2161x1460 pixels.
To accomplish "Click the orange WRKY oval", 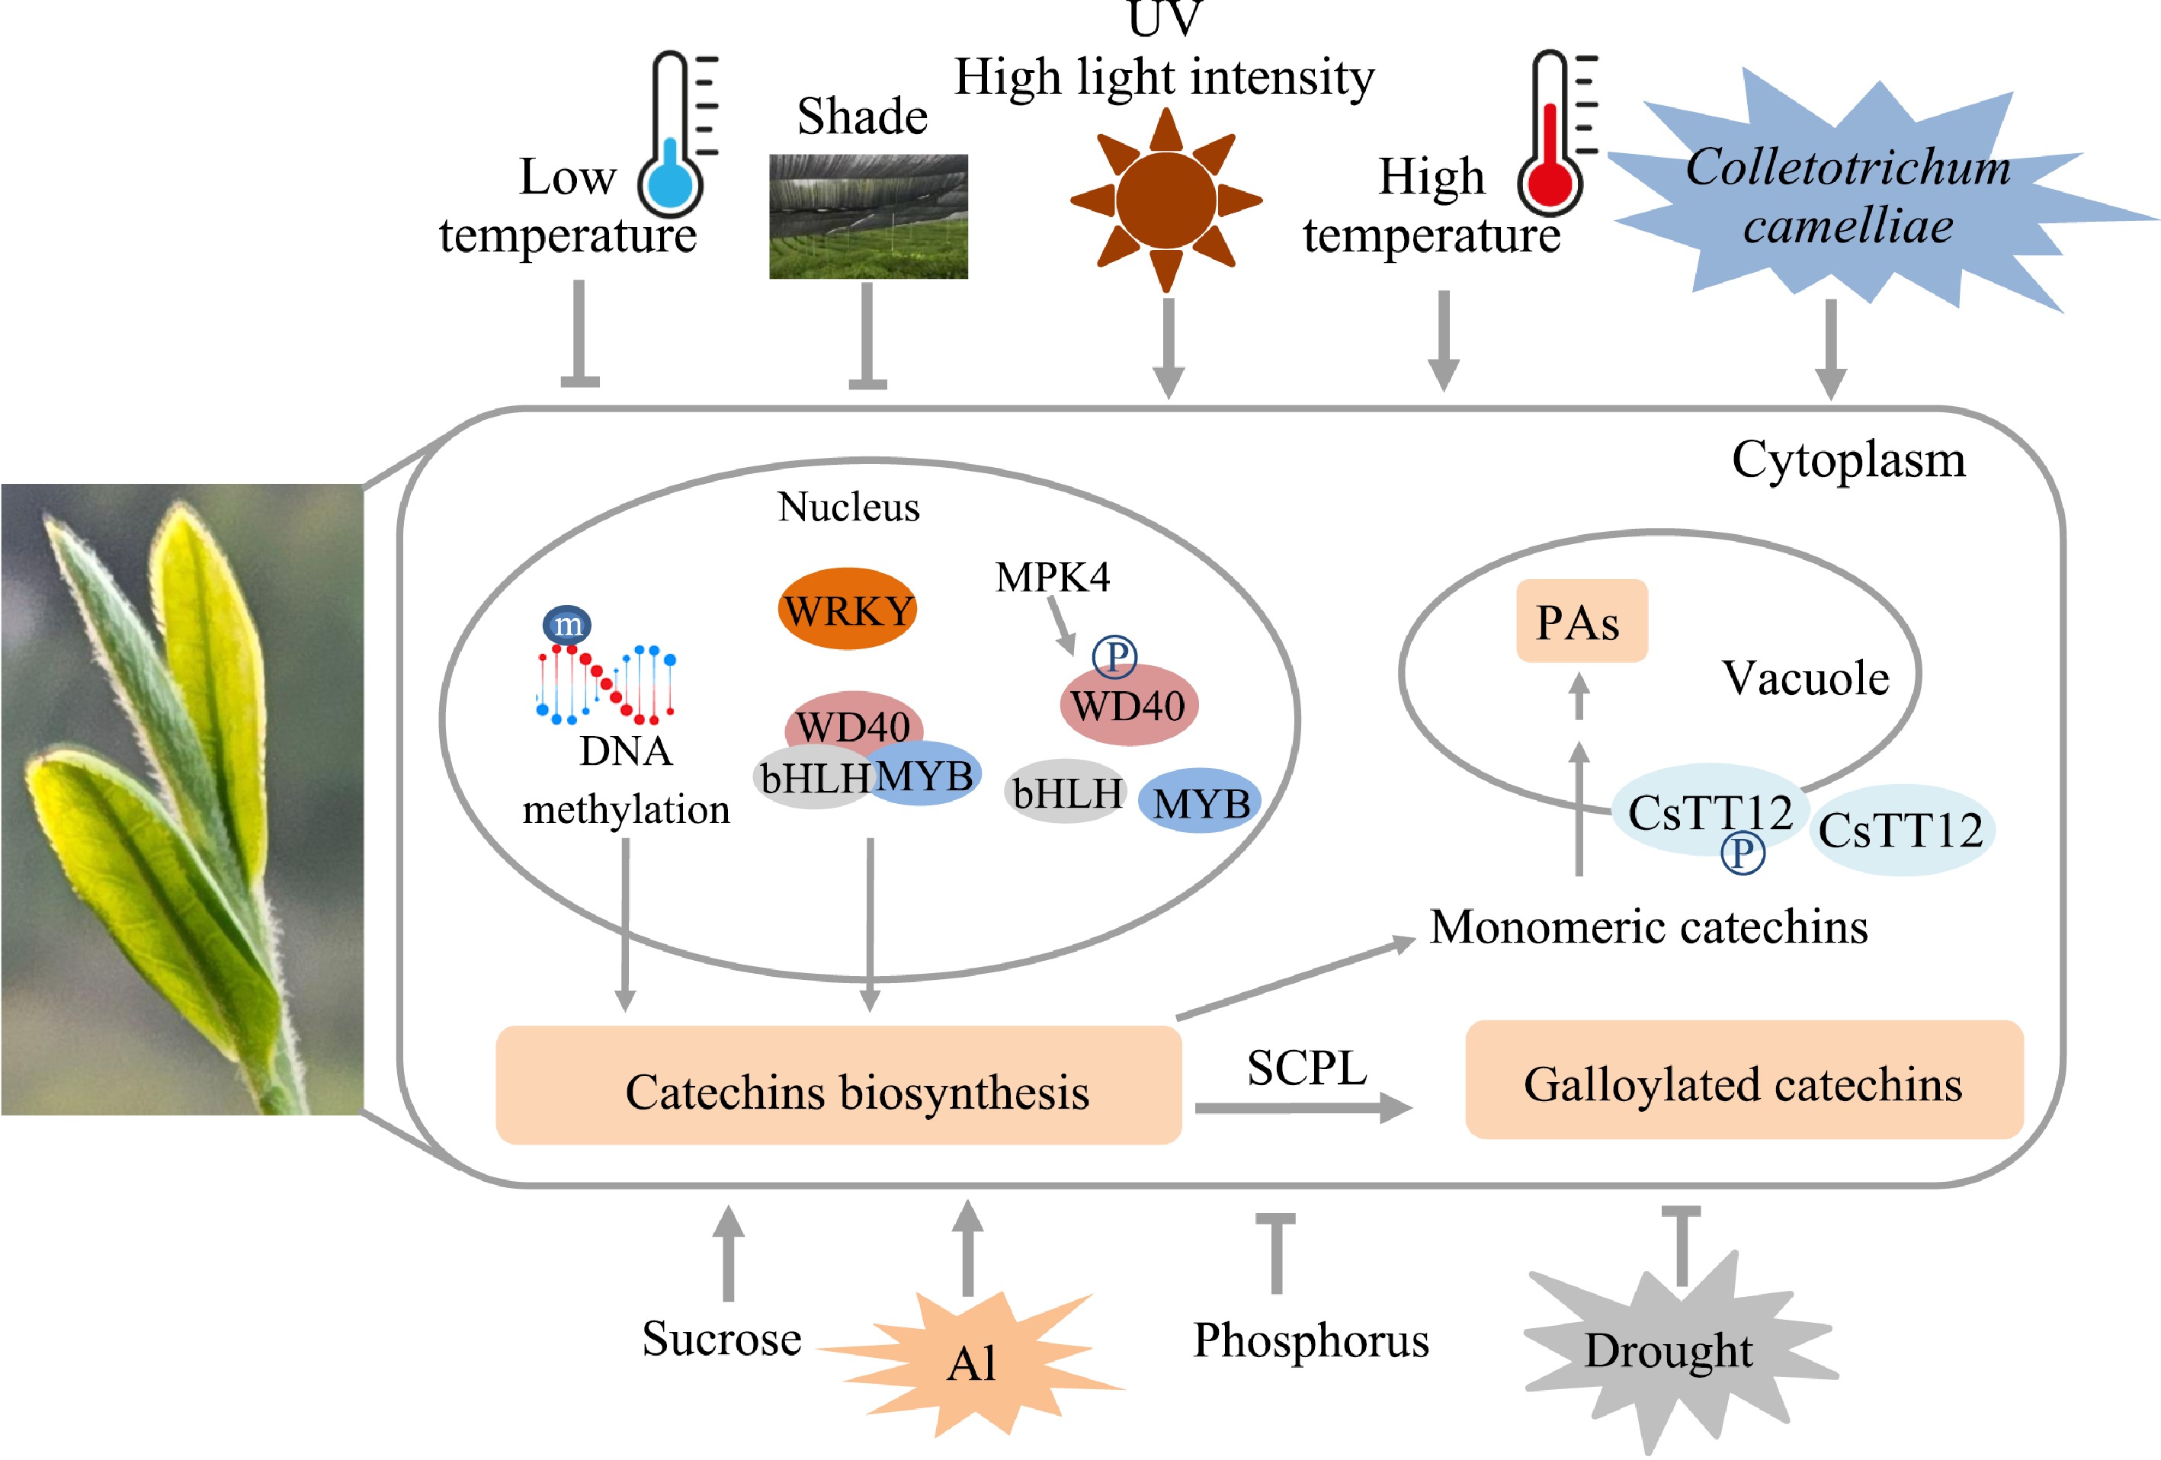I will coord(847,610).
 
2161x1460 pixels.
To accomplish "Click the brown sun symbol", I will coord(1166,200).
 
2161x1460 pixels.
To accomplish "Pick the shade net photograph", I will coord(867,216).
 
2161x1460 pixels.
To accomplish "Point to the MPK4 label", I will coord(1052,577).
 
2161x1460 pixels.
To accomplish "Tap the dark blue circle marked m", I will coord(566,625).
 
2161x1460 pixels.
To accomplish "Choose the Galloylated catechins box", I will coord(1743,1082).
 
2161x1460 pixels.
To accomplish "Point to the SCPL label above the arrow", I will coord(1307,1068).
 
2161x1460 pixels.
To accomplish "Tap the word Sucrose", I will coord(722,1339).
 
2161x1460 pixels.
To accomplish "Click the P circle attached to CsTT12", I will coord(1742,852).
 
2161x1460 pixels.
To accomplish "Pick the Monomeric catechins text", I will coord(1648,927).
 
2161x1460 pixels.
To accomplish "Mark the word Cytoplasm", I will coord(1848,459).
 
